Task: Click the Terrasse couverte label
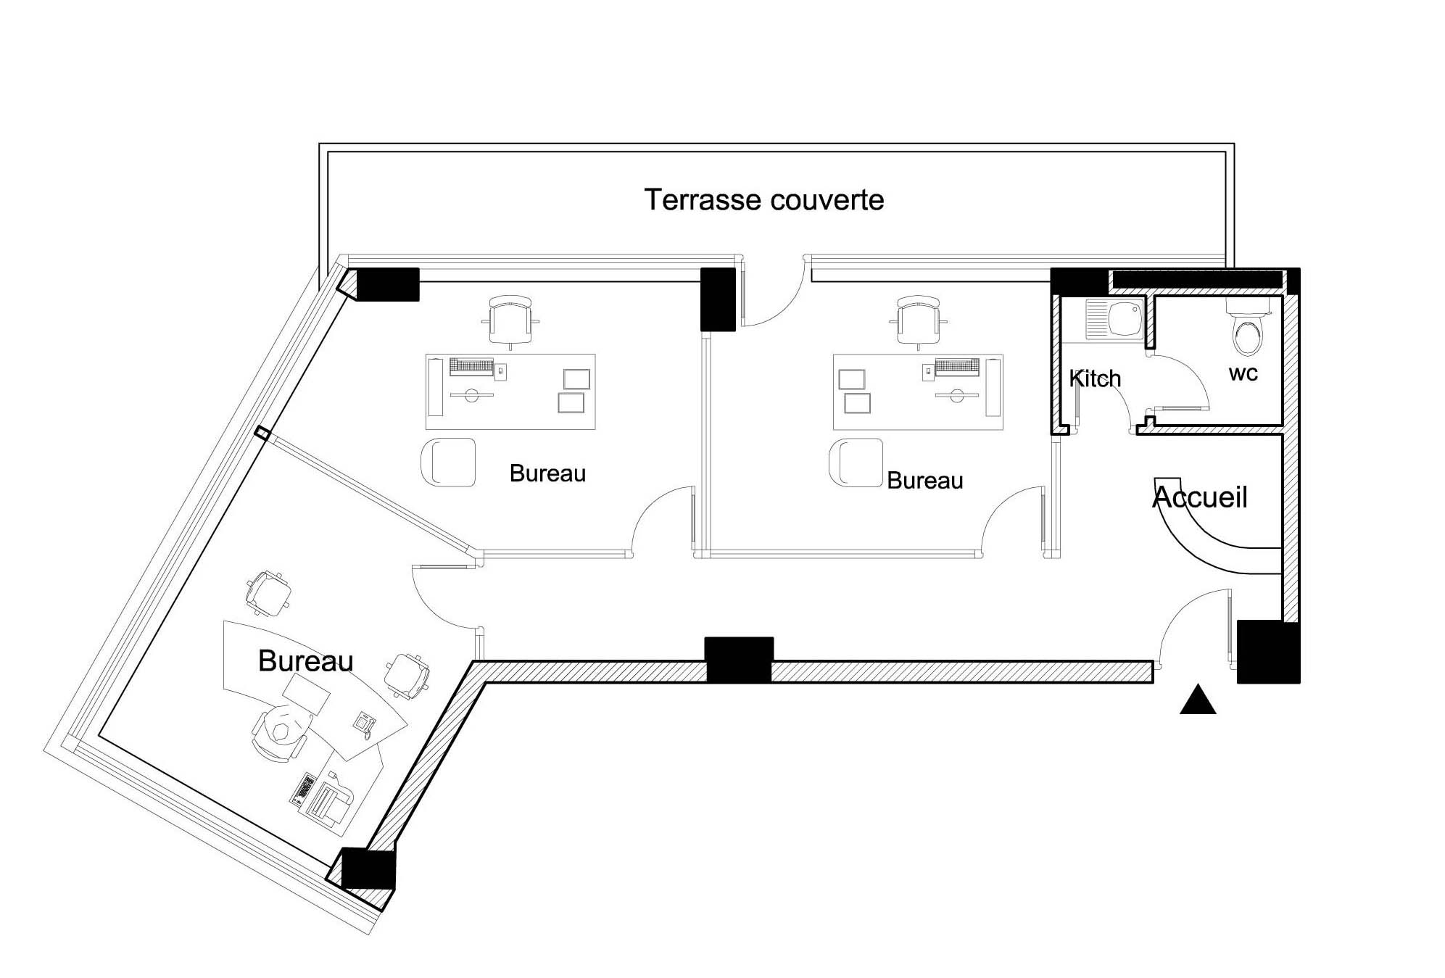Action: pos(763,200)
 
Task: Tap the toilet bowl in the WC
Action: pos(1247,335)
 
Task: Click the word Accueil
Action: pos(1200,497)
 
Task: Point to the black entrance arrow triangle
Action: pos(1197,701)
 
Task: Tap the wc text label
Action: pos(1243,374)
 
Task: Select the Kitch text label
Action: pos(1095,378)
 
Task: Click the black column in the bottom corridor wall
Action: pos(739,660)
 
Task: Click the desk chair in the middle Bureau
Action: pos(510,320)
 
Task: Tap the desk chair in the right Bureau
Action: pos(919,320)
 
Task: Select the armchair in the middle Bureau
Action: pos(448,462)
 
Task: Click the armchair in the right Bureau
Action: pos(856,462)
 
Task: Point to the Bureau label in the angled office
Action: pos(305,661)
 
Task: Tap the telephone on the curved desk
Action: pos(364,721)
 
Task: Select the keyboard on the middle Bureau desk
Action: pos(471,365)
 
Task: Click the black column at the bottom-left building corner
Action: pos(368,869)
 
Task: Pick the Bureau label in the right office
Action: pos(924,481)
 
